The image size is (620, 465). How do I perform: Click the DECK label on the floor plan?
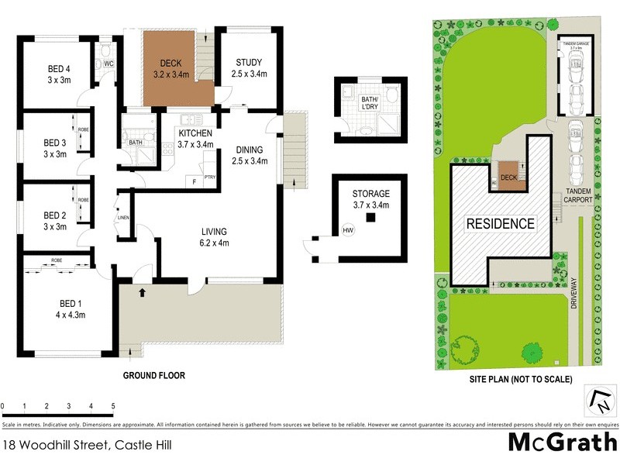click(170, 63)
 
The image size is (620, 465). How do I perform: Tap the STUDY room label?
click(248, 63)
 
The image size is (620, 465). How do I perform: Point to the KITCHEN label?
click(195, 133)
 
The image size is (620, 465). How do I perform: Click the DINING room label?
click(249, 150)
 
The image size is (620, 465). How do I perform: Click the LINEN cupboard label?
click(122, 218)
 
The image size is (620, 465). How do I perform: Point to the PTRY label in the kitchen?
click(209, 177)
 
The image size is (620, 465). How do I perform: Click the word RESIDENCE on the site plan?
click(500, 224)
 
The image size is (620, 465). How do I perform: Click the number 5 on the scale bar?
click(113, 406)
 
